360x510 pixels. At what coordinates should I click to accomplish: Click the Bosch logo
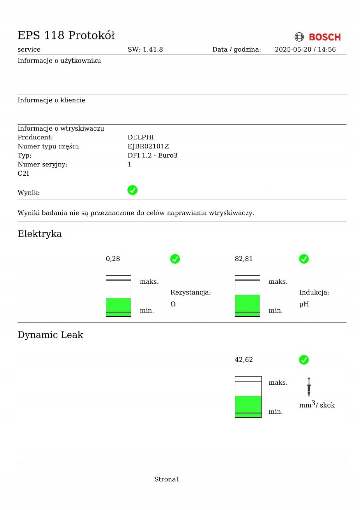click(x=317, y=37)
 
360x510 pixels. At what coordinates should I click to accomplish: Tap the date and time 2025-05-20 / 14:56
click(x=305, y=50)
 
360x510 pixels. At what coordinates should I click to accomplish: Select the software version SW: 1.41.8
click(x=145, y=50)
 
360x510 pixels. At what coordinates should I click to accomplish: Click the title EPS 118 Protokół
click(x=66, y=35)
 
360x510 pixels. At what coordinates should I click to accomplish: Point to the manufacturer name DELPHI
click(x=140, y=137)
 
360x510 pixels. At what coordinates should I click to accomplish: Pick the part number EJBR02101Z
click(x=148, y=146)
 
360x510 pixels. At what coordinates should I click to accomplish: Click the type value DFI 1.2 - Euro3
click(x=152, y=156)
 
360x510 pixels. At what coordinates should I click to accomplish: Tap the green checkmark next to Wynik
click(x=132, y=190)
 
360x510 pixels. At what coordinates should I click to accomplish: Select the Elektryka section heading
click(x=40, y=234)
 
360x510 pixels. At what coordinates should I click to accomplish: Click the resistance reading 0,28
click(x=113, y=259)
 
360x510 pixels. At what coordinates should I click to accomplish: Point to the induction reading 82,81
click(x=244, y=259)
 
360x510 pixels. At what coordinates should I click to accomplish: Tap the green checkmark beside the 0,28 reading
click(x=175, y=259)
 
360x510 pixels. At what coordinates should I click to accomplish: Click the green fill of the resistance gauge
click(x=119, y=306)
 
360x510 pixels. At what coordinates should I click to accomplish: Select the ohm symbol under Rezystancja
click(x=173, y=304)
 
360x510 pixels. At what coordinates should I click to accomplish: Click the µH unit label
click(x=304, y=304)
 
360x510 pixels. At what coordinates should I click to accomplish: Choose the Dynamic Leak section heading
click(x=50, y=335)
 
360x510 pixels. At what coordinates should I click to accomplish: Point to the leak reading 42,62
click(x=244, y=360)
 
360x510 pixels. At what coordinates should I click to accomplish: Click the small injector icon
click(x=309, y=386)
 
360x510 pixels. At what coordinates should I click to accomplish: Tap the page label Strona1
click(x=166, y=479)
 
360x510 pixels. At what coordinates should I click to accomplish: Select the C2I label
click(x=24, y=174)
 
